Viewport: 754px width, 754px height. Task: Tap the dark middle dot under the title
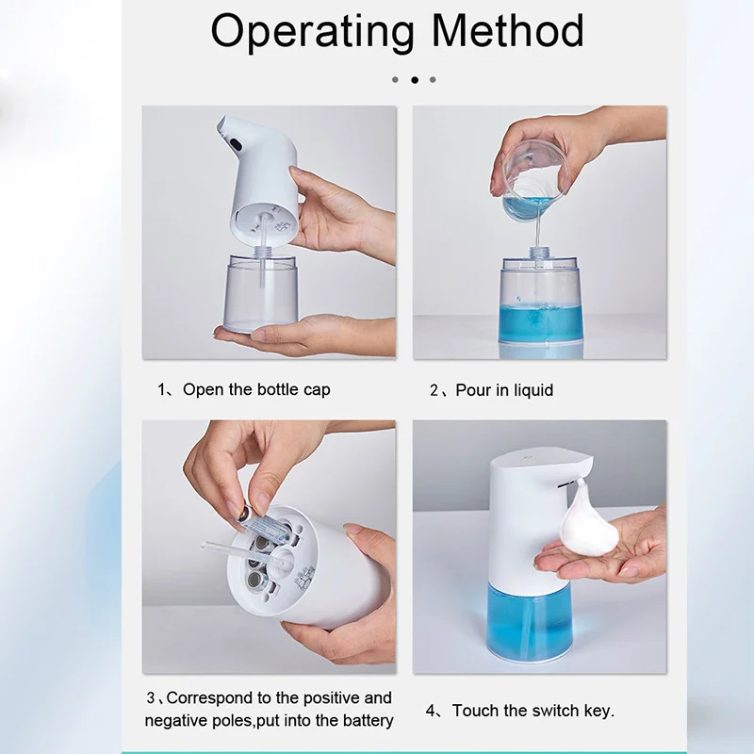(x=414, y=80)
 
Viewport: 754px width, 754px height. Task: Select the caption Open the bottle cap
(x=256, y=389)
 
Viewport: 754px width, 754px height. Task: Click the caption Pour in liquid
(x=504, y=390)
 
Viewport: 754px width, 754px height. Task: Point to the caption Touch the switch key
(x=533, y=711)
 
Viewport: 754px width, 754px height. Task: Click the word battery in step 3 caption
(x=363, y=721)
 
